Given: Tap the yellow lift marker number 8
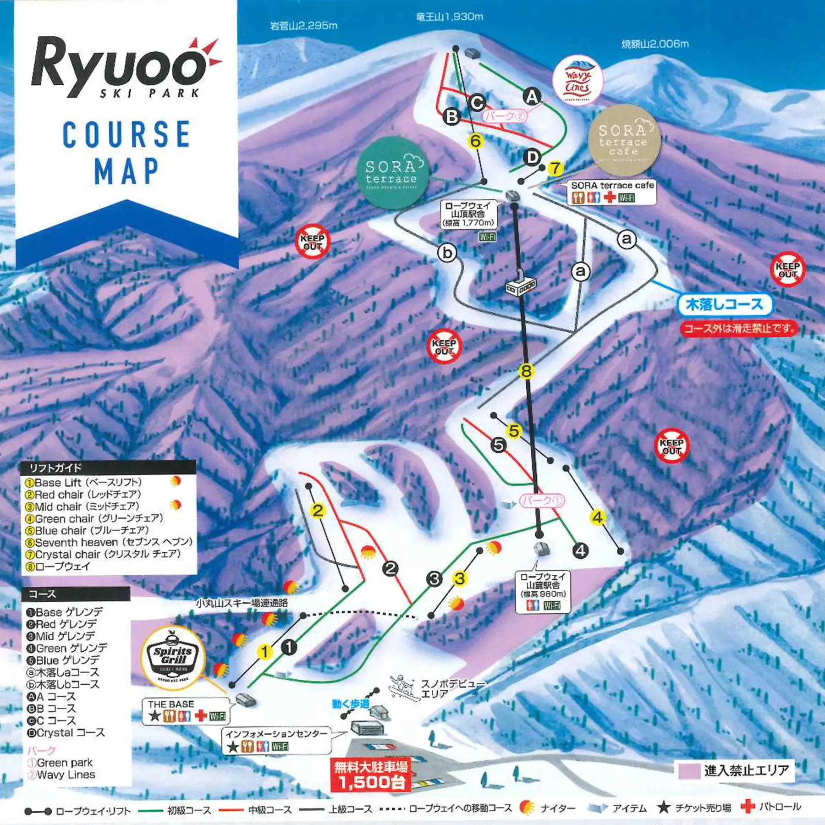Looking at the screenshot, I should [526, 371].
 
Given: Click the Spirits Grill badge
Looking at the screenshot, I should [173, 658].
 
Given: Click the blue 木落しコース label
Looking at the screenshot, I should [724, 305].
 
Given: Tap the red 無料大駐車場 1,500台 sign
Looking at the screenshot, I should [370, 774].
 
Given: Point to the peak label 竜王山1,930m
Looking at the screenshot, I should [449, 17].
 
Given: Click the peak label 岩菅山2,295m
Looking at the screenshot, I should [303, 26].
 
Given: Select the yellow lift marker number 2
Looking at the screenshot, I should [318, 510].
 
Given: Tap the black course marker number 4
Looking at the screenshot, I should [580, 550].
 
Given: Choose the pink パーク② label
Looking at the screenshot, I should [504, 116].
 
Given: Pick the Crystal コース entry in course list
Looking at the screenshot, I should [66, 732].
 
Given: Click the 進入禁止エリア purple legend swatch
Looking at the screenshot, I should [689, 770].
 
